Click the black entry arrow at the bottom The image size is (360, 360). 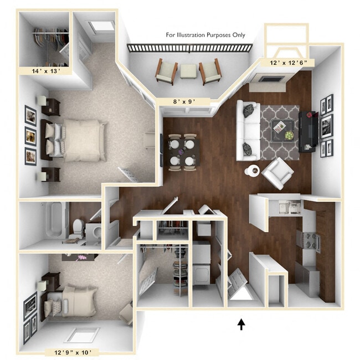[241, 324]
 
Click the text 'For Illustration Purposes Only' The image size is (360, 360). [205, 35]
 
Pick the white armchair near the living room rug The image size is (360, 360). [277, 172]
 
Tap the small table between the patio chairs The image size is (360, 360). [189, 71]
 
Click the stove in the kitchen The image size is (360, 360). [308, 240]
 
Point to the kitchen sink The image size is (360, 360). [287, 207]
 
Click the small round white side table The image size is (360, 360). [252, 170]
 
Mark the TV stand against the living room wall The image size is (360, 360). [308, 131]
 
